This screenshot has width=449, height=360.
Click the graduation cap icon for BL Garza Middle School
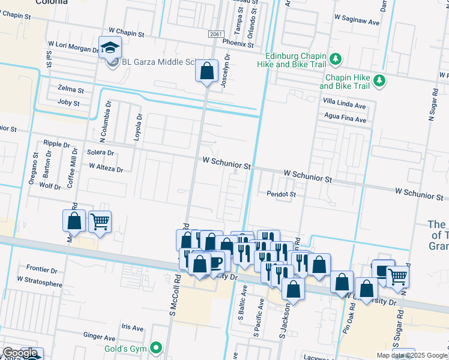point(110,47)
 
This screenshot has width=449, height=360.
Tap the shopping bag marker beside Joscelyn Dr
point(206,71)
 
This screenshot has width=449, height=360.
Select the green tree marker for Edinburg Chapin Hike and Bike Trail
point(336,58)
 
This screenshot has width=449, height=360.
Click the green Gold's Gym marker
point(157,347)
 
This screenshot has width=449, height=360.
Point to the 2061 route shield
point(217,35)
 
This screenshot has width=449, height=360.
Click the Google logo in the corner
point(19,353)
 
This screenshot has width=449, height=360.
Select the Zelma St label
point(67,89)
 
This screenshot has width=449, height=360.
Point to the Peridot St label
point(282,194)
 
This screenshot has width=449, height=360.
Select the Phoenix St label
point(237,44)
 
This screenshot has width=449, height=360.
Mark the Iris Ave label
point(132,328)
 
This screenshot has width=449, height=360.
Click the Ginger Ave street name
point(99,338)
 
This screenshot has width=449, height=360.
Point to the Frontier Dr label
point(41,269)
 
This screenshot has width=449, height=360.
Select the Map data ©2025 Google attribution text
point(412,355)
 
